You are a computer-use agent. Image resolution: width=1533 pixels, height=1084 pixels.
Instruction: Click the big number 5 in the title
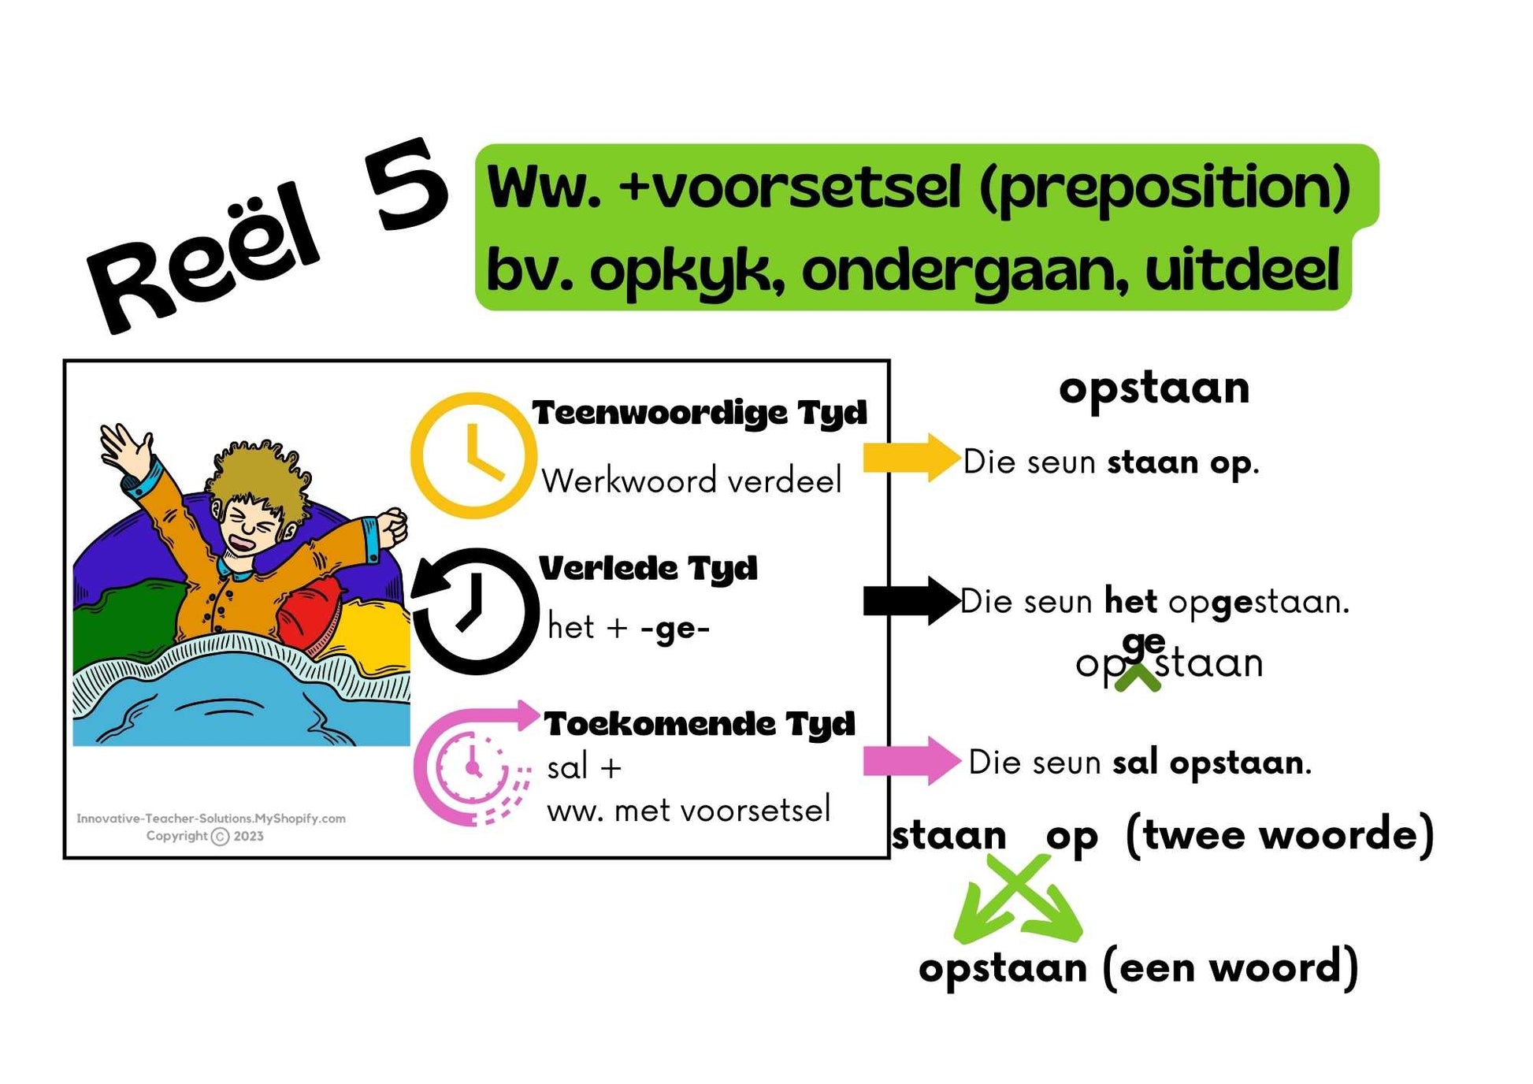(406, 186)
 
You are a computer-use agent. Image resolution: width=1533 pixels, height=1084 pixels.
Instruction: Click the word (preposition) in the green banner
(1164, 189)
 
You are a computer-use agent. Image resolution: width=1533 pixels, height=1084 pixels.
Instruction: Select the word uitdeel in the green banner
(1242, 269)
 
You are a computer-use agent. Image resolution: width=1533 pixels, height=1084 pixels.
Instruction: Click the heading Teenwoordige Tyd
(700, 414)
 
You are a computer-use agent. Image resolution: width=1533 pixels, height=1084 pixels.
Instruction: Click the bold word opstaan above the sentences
(1154, 388)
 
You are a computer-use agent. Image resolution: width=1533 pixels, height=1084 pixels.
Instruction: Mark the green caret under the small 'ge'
(1138, 678)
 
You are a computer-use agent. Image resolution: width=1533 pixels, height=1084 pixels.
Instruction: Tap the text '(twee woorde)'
(1279, 835)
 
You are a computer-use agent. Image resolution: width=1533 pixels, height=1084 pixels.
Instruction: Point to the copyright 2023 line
(205, 837)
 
